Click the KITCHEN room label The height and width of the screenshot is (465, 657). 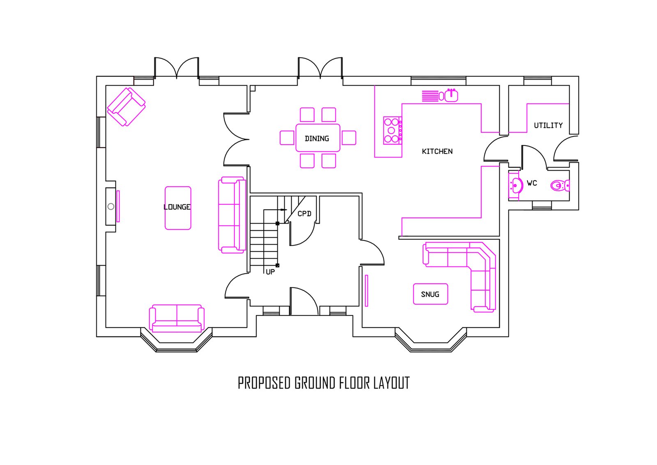(x=437, y=152)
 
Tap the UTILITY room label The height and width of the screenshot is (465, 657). (x=548, y=126)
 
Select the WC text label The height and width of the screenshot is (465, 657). (x=532, y=183)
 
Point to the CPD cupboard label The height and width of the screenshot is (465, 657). (x=304, y=214)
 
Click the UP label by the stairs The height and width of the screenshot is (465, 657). (x=270, y=272)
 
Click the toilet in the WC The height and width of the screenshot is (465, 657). (x=560, y=186)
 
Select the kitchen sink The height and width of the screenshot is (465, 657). (x=451, y=95)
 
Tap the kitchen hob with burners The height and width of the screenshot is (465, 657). (x=393, y=130)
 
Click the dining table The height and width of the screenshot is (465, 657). (x=318, y=138)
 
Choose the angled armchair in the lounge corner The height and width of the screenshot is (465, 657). (x=126, y=107)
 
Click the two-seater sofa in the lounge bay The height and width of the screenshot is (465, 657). (x=177, y=318)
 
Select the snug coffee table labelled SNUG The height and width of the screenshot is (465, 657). (x=430, y=294)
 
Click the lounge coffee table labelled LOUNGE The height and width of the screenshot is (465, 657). (x=178, y=208)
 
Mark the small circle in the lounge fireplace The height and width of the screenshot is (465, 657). (x=111, y=206)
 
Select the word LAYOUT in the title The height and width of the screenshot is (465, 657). (x=391, y=383)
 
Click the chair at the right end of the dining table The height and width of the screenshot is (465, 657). (x=349, y=138)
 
